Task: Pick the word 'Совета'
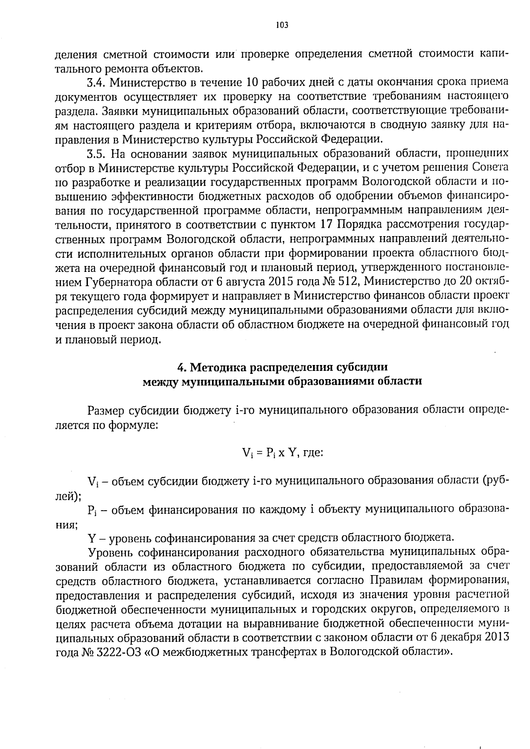click(x=490, y=168)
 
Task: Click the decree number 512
click(x=348, y=282)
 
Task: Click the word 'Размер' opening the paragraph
click(x=106, y=410)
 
